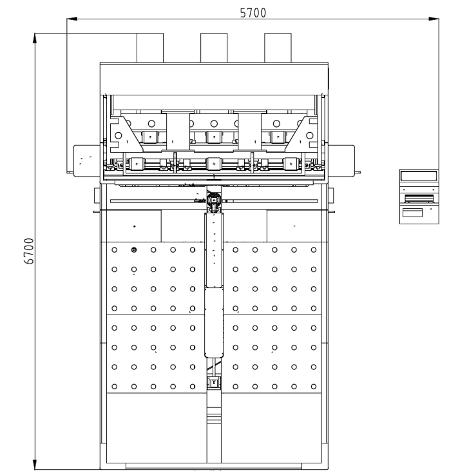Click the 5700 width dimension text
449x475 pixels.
pos(253,13)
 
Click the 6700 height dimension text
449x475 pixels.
pos(29,251)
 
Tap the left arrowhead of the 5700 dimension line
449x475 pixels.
pos(72,19)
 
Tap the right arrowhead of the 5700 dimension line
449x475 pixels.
pos(434,19)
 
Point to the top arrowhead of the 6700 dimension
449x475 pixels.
pos(35,38)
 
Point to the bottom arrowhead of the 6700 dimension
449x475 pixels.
pos(35,465)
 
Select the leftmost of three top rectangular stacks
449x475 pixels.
pos(150,48)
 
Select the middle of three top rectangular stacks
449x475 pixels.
pos(214,48)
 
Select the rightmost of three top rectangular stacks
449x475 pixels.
pos(278,48)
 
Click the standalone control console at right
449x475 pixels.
pos(419,197)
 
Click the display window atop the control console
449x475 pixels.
pos(419,176)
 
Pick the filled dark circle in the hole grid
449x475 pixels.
pos(134,249)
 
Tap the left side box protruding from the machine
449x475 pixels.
pos(87,160)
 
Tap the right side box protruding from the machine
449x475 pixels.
pos(341,160)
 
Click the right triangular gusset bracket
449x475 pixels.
pos(301,134)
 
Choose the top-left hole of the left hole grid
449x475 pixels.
pos(115,249)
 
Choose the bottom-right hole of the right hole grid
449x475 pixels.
pos(314,386)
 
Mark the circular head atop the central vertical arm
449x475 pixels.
pos(214,200)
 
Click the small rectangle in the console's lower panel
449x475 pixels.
pos(412,213)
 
